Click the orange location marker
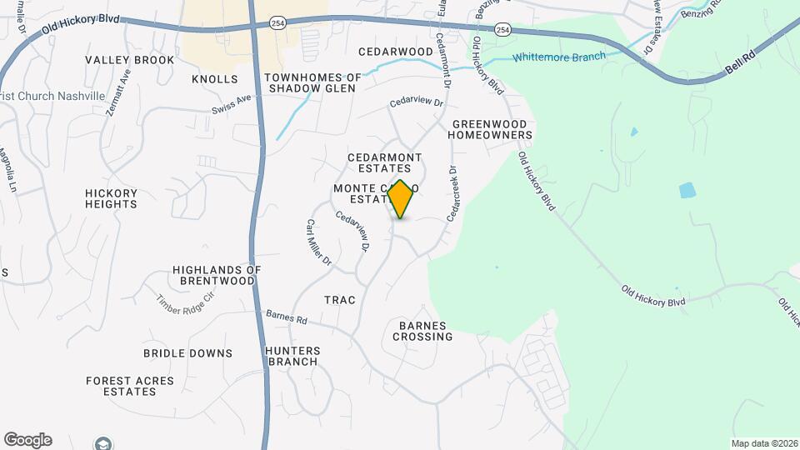pos(401,199)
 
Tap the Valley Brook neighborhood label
pos(130,60)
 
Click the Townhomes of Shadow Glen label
pos(312,83)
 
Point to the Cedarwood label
pos(396,52)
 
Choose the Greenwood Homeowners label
pos(492,129)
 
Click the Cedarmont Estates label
pos(384,162)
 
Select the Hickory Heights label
pos(111,198)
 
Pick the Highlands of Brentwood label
pos(217,275)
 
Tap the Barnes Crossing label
pos(425,331)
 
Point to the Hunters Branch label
pos(292,356)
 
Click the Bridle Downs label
pos(187,353)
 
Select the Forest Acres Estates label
pos(130,386)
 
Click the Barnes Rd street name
pos(287,318)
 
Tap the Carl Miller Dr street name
pos(319,242)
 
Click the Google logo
pos(27,440)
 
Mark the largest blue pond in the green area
pos(687,190)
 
